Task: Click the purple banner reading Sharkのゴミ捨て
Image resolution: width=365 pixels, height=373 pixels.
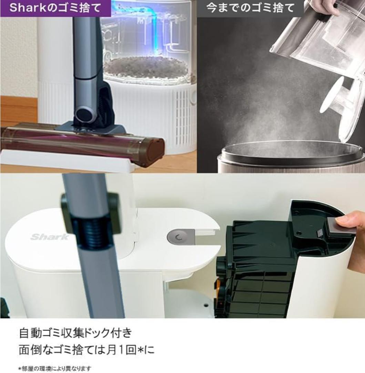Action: [x=55, y=8]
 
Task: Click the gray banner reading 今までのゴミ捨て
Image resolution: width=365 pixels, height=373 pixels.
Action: [x=250, y=8]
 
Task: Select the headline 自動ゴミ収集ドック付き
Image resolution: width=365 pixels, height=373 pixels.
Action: [x=75, y=333]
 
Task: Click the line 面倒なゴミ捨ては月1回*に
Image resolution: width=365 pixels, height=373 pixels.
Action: [x=87, y=350]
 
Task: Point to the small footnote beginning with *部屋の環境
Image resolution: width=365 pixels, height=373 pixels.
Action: [x=55, y=369]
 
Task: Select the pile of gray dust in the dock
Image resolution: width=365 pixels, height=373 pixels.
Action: [x=146, y=67]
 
